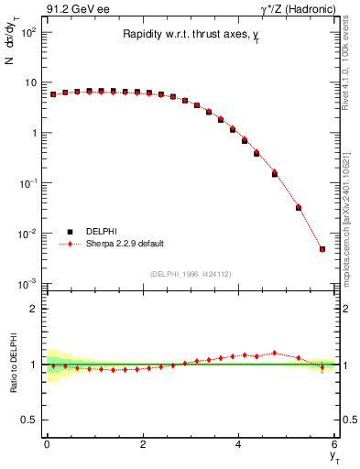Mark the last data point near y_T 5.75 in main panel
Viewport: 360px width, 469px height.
tap(322, 249)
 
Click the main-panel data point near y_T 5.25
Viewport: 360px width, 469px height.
tap(299, 207)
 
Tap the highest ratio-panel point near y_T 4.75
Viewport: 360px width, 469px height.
tap(275, 353)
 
